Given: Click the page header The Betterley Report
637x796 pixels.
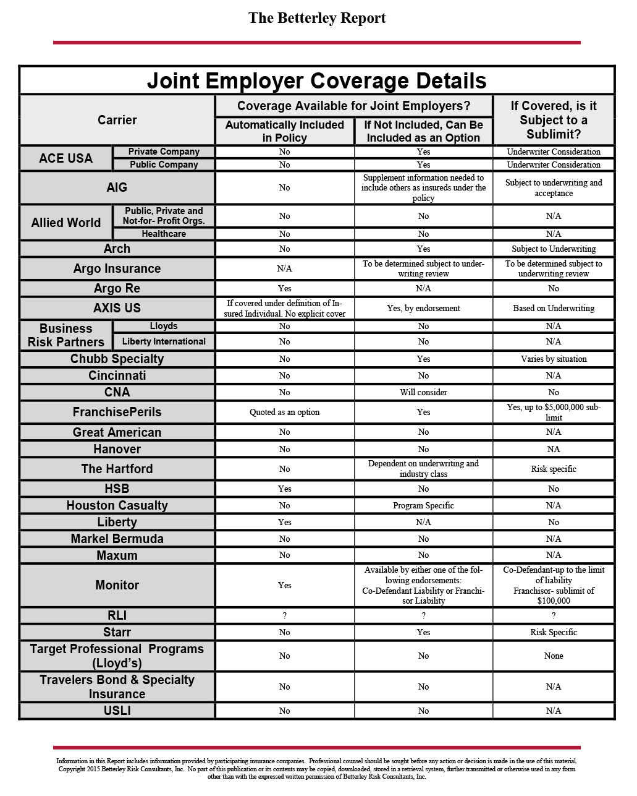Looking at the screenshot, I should coord(317,19).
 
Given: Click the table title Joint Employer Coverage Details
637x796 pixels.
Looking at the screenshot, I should coord(317,81).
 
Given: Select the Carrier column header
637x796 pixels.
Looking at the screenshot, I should coord(117,120).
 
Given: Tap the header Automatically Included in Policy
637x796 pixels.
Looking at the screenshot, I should coord(284,131).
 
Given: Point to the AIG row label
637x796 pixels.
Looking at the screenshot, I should coord(117,187).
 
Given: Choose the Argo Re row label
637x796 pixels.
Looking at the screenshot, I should coord(117,289).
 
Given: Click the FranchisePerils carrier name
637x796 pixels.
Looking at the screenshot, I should coord(117,413).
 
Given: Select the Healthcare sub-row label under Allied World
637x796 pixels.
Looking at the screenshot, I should coord(164,234).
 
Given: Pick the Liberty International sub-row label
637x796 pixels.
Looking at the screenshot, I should coord(164,341).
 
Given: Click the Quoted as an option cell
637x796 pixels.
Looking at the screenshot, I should coord(284,413).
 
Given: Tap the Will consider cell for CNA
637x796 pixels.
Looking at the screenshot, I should coord(423,392).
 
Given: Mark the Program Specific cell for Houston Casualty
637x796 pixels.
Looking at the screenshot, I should coord(423,505).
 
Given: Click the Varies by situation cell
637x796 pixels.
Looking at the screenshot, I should coord(554,359).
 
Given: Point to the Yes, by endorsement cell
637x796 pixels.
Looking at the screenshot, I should coord(423,308).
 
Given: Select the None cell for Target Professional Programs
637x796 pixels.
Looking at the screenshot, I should coord(554,656).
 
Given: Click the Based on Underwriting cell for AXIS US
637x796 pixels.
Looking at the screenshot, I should coord(554,308).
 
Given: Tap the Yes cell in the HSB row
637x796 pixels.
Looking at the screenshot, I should coord(284,489).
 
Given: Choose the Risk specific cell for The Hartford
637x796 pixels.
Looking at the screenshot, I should coord(554,469).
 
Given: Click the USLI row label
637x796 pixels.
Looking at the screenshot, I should coord(117,711).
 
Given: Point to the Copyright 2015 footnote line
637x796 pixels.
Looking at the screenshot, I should coord(317,769).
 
